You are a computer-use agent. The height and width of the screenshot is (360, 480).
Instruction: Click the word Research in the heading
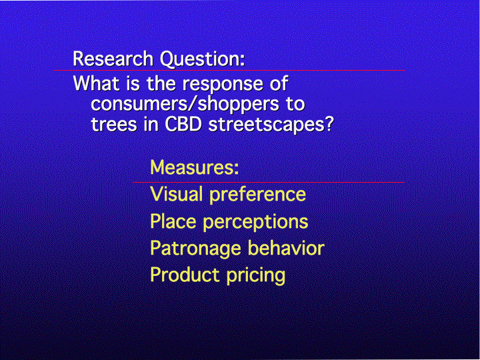[113, 59]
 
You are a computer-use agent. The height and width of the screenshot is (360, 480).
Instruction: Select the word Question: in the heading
[203, 59]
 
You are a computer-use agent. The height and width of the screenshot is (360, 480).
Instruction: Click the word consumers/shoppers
[185, 105]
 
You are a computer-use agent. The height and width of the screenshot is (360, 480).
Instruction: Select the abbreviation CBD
[185, 124]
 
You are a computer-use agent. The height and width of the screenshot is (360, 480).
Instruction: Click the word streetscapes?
[271, 125]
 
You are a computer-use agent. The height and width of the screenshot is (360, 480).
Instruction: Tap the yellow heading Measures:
[195, 167]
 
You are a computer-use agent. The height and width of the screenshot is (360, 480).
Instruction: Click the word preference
[257, 195]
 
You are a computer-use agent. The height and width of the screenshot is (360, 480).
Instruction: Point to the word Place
[173, 221]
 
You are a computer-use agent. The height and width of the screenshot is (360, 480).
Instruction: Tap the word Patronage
[195, 249]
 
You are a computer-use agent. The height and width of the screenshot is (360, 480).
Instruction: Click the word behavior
[286, 247]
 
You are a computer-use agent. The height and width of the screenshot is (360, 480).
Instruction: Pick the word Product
[185, 275]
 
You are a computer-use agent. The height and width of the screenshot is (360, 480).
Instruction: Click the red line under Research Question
[229, 71]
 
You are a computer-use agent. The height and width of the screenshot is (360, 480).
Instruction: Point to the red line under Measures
[269, 183]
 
